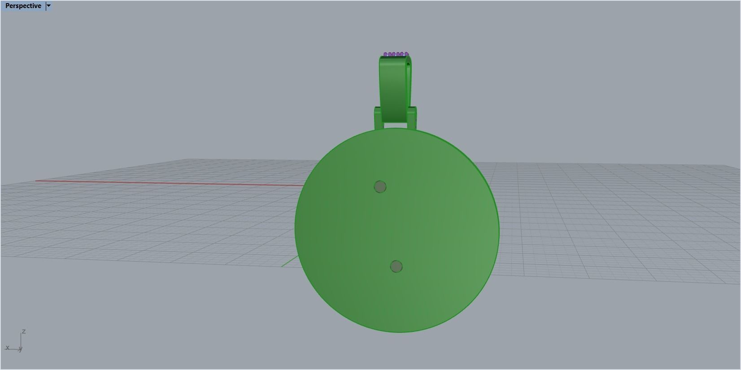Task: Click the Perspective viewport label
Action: (23, 6)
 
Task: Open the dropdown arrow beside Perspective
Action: (48, 6)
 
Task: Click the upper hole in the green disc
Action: (380, 187)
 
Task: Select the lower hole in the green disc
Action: (396, 267)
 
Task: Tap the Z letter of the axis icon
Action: (23, 331)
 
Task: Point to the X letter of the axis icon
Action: (7, 348)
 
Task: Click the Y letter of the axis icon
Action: (21, 349)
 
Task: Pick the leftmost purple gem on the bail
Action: (385, 55)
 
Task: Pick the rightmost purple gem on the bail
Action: (406, 54)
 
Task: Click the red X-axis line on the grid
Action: (170, 183)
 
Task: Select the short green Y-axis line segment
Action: (289, 262)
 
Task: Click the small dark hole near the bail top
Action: (408, 65)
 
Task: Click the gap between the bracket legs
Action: (395, 125)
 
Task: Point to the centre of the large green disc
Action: (397, 230)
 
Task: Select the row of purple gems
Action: (396, 55)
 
